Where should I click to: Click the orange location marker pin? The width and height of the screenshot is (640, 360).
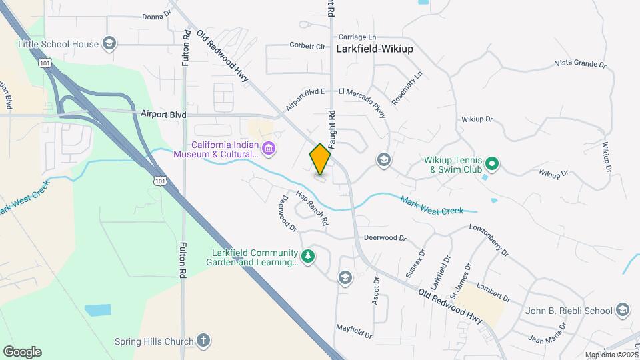(x=320, y=159)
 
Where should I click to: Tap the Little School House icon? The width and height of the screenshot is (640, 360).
(x=109, y=45)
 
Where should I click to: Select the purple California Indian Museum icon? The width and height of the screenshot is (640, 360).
(x=268, y=147)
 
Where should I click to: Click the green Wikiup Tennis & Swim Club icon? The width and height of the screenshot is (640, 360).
(x=491, y=163)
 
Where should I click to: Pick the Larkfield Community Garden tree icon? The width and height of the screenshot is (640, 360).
(x=307, y=256)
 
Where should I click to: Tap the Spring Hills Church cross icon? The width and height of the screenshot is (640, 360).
(x=203, y=341)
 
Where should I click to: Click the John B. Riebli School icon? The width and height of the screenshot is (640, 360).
(x=621, y=310)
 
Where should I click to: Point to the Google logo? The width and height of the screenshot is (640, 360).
(x=22, y=351)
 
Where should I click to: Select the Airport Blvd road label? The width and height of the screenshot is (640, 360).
(x=163, y=114)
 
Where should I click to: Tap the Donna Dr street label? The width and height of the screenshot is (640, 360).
(x=157, y=15)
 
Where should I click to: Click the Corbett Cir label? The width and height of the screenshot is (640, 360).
(x=307, y=46)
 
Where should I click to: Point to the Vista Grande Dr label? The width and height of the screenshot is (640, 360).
(x=581, y=64)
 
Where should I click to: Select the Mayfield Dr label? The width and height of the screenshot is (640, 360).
(x=353, y=328)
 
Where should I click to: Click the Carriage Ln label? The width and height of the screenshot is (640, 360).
(x=357, y=37)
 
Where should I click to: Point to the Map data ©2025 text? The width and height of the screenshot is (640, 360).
(x=611, y=355)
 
